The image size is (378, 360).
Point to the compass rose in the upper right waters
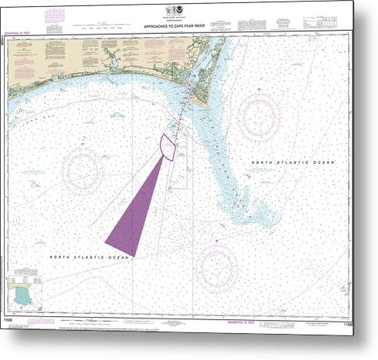258,115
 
